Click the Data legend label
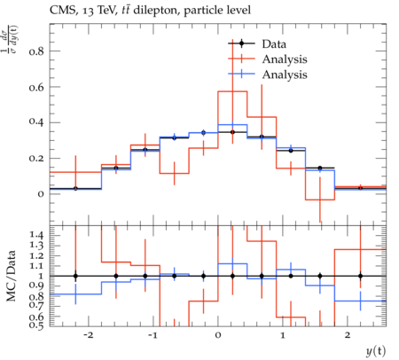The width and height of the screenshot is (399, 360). (x=274, y=44)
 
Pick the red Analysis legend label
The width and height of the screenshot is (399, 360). (x=285, y=59)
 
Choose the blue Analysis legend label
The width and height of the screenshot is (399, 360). (x=285, y=74)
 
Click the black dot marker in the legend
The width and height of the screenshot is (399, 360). (x=241, y=43)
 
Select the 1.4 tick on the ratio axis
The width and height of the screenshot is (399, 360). (x=37, y=235)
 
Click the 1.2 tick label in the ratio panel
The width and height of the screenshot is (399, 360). (x=37, y=255)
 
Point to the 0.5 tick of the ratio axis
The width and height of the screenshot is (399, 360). (x=37, y=325)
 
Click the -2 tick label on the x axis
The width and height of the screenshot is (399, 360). (x=89, y=335)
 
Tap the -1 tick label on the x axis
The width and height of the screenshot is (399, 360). (x=153, y=335)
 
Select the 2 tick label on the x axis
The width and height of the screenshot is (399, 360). (x=348, y=335)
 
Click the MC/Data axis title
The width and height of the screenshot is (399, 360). (x=12, y=276)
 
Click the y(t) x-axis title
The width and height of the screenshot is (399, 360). (x=376, y=351)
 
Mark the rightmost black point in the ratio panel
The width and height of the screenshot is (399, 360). (x=360, y=276)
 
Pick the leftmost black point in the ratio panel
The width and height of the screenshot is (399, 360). (x=75, y=276)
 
